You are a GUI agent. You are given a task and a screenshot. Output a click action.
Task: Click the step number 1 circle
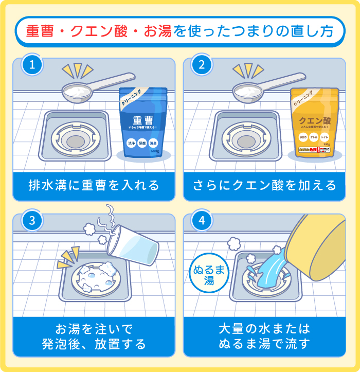[x=32, y=66]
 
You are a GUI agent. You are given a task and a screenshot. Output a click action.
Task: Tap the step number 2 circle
[x=202, y=66]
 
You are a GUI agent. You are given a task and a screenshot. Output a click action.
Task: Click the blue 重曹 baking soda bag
[x=142, y=123]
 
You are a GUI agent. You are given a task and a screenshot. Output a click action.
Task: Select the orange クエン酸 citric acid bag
[x=314, y=123]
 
